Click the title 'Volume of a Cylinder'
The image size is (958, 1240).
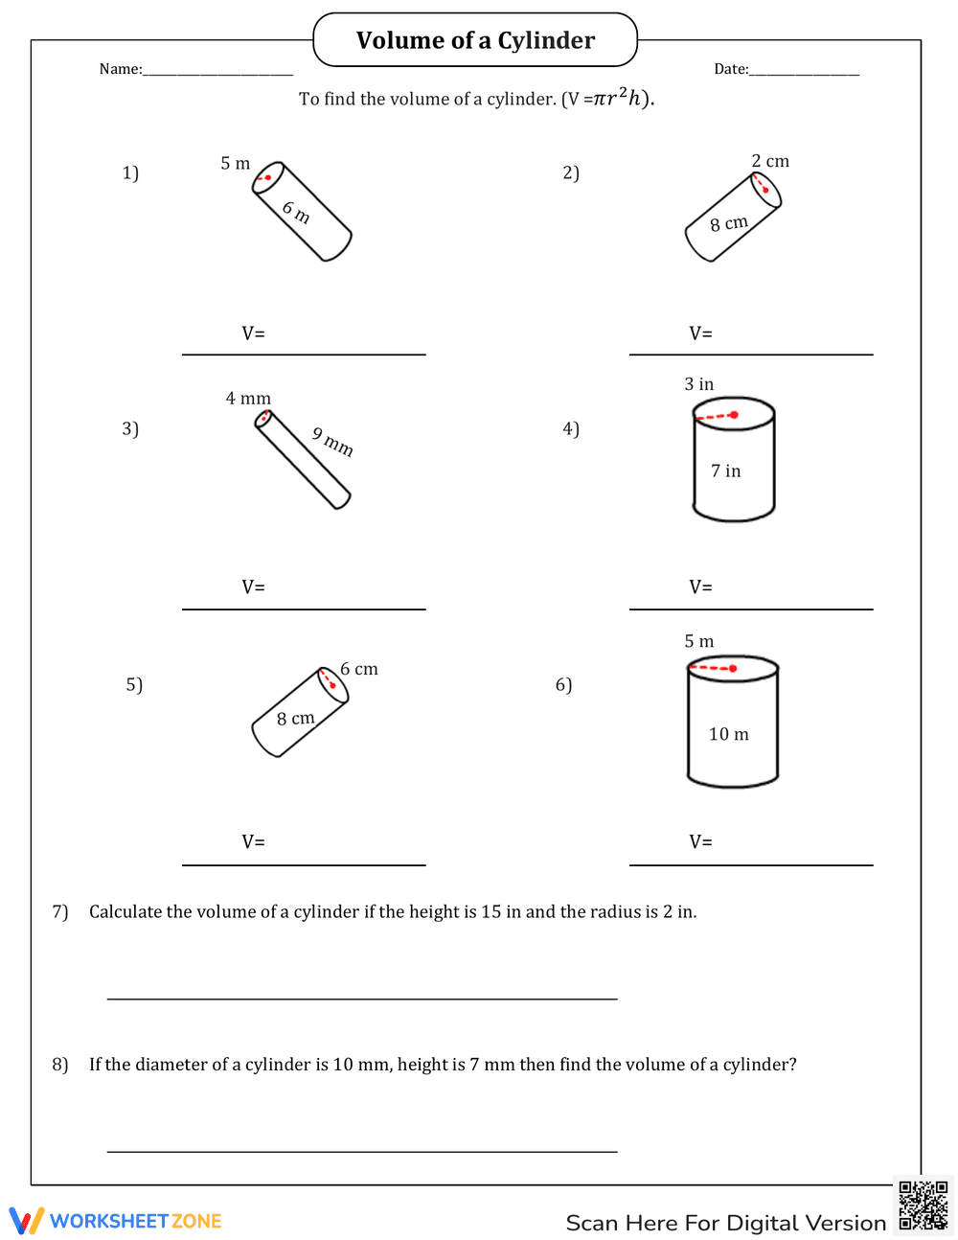click(475, 40)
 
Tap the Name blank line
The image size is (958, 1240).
click(217, 74)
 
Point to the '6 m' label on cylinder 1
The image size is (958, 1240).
click(296, 212)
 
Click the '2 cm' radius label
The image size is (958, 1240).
click(770, 161)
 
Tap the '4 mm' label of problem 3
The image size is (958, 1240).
click(248, 399)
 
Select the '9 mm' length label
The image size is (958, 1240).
click(332, 441)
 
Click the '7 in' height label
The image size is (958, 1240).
click(725, 471)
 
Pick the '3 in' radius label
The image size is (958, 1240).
click(698, 384)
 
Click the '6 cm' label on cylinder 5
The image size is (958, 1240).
click(359, 669)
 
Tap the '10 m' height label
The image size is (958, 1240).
click(728, 734)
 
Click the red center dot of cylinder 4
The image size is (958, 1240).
click(734, 415)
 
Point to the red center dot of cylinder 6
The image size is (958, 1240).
click(733, 668)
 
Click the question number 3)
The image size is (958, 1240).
click(130, 428)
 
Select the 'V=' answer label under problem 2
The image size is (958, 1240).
click(700, 333)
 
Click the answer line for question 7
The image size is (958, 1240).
click(362, 998)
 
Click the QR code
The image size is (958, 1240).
click(923, 1205)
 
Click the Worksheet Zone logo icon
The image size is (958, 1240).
click(27, 1221)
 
